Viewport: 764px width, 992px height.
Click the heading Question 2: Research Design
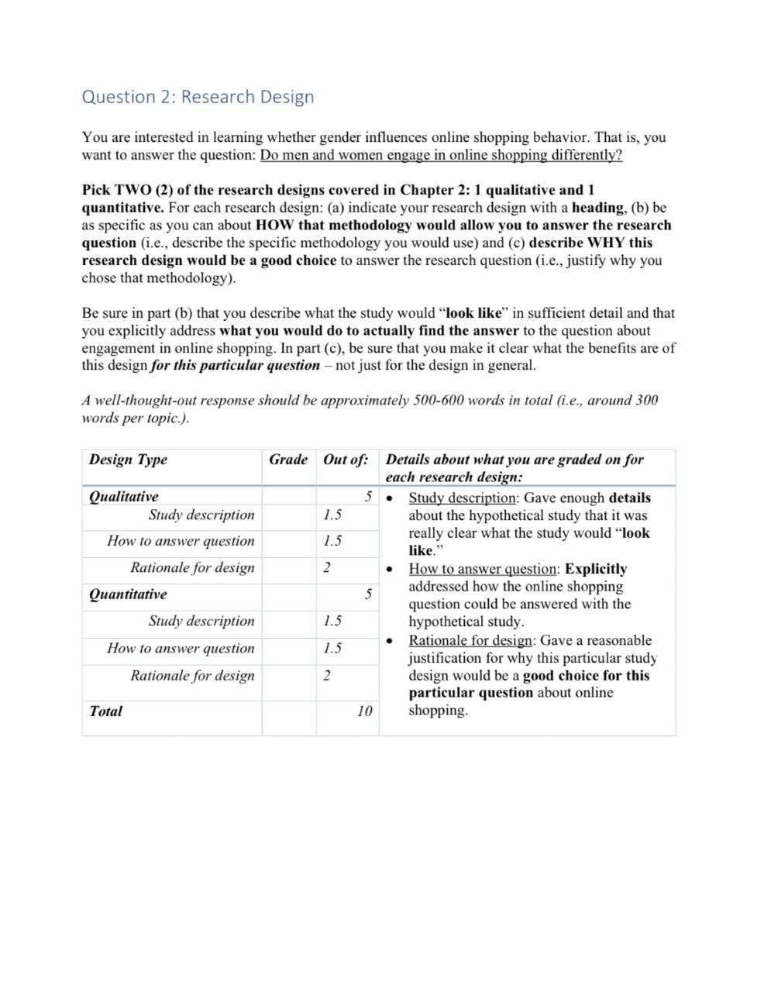(x=198, y=97)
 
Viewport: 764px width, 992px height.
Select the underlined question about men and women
(x=441, y=155)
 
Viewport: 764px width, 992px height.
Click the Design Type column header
(x=128, y=460)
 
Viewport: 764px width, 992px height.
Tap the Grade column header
(x=288, y=460)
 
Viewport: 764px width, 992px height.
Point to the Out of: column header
(x=346, y=460)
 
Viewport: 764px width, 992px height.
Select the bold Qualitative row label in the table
(x=124, y=497)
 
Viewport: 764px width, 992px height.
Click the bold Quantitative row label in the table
(x=128, y=594)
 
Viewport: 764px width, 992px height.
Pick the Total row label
(x=106, y=711)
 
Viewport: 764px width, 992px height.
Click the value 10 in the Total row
(x=365, y=711)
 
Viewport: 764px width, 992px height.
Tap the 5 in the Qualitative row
(x=369, y=497)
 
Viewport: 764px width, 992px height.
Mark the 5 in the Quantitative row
(x=369, y=594)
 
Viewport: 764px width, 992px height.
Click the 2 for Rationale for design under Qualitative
(x=327, y=567)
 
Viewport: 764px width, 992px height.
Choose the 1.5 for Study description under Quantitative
(x=332, y=621)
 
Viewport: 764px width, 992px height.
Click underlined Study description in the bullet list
(x=462, y=498)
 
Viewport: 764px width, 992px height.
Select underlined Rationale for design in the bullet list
(x=470, y=640)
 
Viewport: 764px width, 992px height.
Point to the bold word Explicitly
(x=596, y=569)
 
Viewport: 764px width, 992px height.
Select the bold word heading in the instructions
(x=597, y=208)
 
